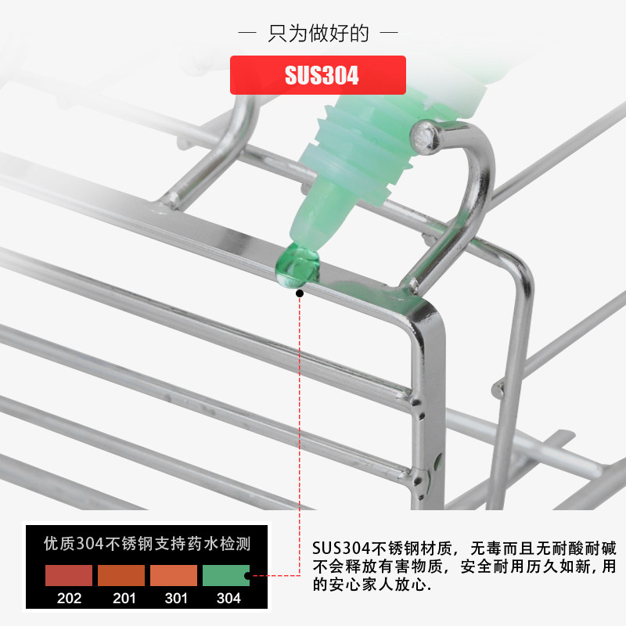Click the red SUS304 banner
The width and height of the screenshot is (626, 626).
(318, 75)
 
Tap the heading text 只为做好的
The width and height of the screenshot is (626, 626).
(318, 34)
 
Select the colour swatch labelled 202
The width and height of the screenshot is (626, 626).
(69, 575)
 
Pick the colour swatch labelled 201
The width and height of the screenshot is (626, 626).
(121, 575)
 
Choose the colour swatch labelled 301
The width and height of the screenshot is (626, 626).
(173, 575)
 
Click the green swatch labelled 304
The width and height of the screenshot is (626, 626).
(225, 575)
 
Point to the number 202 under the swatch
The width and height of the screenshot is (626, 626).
(69, 599)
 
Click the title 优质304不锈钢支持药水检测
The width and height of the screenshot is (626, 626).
(147, 543)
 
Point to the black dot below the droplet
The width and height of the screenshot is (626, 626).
(300, 293)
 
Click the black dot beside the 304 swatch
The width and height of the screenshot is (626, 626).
(247, 577)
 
